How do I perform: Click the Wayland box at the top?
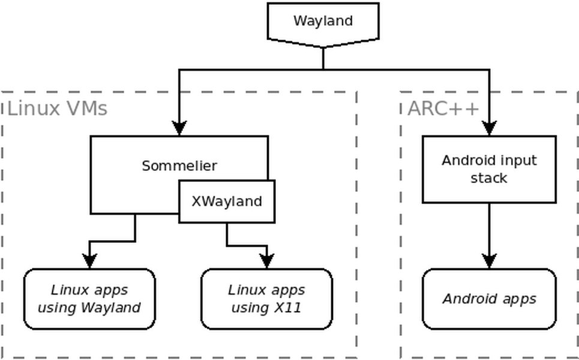click(323, 22)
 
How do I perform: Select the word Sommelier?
click(179, 166)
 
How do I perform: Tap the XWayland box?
click(227, 202)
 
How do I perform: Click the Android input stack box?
click(489, 169)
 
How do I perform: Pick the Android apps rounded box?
click(489, 299)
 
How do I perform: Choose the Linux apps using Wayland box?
click(89, 299)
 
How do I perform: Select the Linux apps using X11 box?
click(266, 299)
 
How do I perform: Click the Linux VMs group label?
click(57, 109)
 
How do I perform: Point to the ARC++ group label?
click(443, 109)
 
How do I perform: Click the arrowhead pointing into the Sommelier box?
click(179, 128)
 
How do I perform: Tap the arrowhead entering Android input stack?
click(489, 128)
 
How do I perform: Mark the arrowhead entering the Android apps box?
click(489, 261)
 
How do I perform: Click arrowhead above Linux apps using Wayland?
click(89, 261)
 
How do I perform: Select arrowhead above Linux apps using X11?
click(266, 261)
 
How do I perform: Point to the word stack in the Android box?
click(489, 178)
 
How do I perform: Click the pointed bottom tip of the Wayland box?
click(323, 46)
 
